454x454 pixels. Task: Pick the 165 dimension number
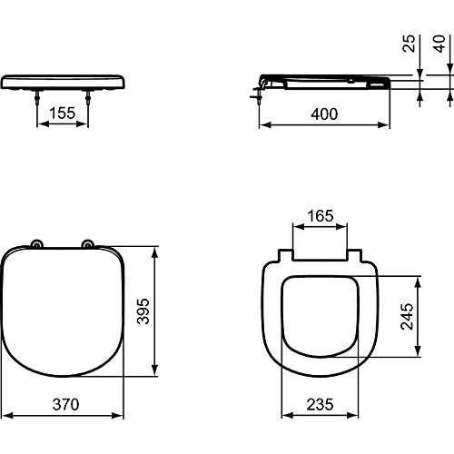pos(321,217)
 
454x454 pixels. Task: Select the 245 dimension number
pos(409,316)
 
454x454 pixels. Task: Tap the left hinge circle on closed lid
pos(36,243)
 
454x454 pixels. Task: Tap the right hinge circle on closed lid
pos(88,243)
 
